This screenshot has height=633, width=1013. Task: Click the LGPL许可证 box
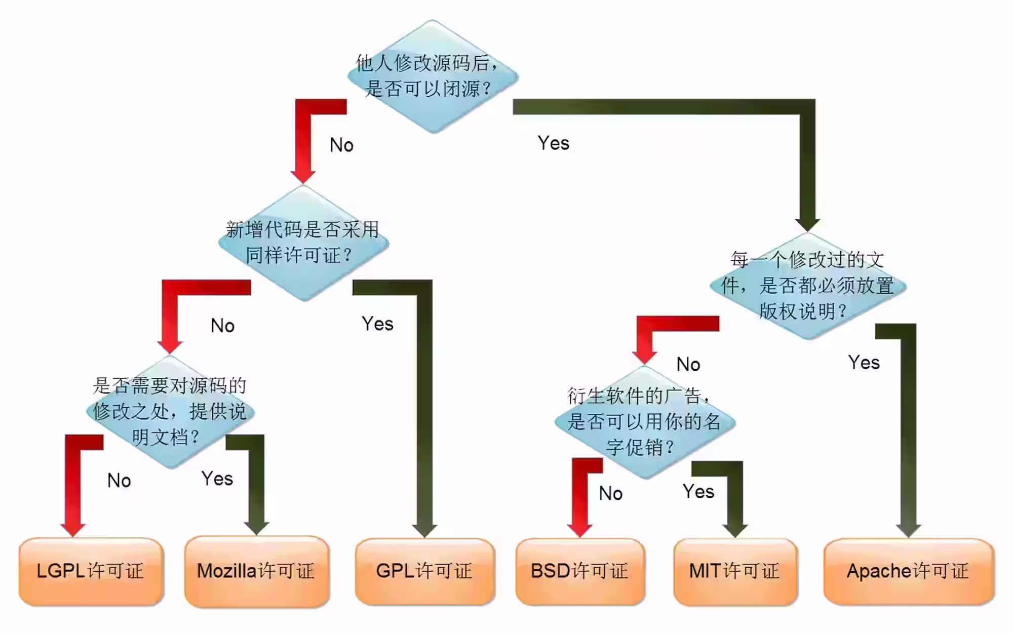click(91, 571)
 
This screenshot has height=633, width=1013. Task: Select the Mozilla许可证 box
click(257, 571)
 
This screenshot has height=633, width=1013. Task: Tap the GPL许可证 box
click(425, 571)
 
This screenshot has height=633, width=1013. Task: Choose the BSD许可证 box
click(580, 571)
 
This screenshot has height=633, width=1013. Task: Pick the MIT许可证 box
click(735, 571)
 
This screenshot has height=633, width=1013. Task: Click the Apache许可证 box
click(909, 571)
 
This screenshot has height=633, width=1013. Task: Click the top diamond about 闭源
click(433, 76)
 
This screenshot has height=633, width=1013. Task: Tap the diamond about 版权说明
click(807, 286)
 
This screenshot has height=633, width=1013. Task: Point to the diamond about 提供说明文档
click(170, 411)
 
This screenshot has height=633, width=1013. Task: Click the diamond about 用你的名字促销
click(644, 422)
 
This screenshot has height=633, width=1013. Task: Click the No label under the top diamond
click(341, 145)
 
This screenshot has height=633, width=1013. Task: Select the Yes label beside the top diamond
click(553, 143)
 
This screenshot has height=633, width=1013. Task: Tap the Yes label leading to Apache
click(864, 363)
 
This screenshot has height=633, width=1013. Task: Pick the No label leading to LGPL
click(119, 481)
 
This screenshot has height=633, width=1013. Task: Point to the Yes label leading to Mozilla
click(217, 479)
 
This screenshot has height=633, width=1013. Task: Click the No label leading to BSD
click(610, 493)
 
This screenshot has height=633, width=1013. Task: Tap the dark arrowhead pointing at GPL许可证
click(424, 530)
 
